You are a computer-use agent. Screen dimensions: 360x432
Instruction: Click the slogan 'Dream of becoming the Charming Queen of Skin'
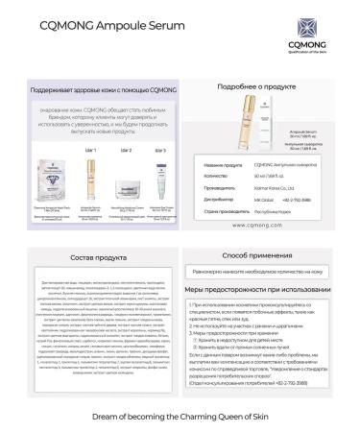click(x=180, y=391)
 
